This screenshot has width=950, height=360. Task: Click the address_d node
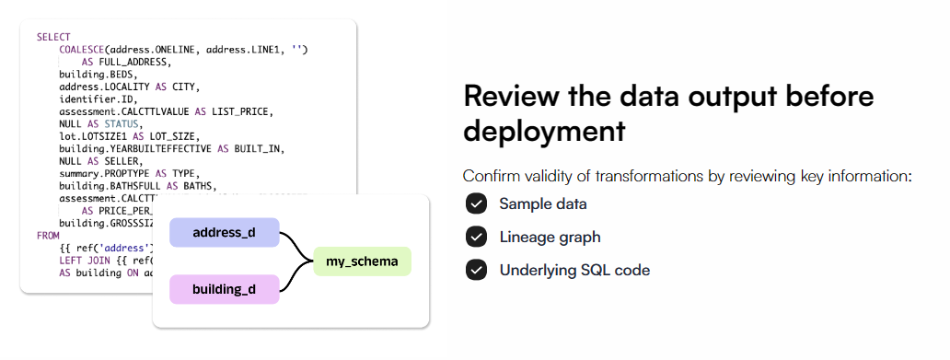click(x=224, y=233)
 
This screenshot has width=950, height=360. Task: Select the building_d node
click(x=224, y=289)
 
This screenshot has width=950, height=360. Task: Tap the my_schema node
click(x=362, y=261)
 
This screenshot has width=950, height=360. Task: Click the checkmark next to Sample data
click(x=476, y=203)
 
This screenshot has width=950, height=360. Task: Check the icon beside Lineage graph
click(x=476, y=237)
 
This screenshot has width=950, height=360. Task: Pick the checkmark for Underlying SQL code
click(x=476, y=270)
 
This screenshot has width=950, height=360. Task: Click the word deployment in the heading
click(x=543, y=131)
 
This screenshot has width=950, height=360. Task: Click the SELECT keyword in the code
click(x=47, y=37)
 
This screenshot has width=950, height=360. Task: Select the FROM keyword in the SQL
click(x=47, y=236)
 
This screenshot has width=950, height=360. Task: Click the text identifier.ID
click(x=98, y=99)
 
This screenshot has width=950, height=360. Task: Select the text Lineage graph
click(x=550, y=238)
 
